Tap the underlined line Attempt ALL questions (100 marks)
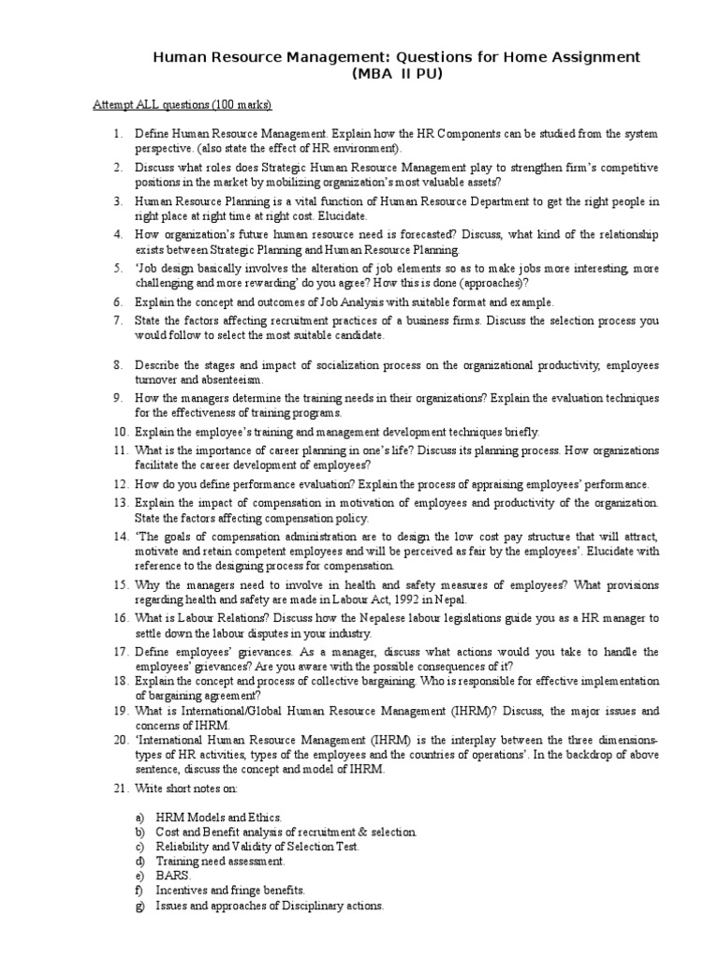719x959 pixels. click(x=183, y=104)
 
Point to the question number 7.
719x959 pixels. click(x=119, y=320)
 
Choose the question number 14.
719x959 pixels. click(x=121, y=536)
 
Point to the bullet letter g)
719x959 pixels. click(x=140, y=906)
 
